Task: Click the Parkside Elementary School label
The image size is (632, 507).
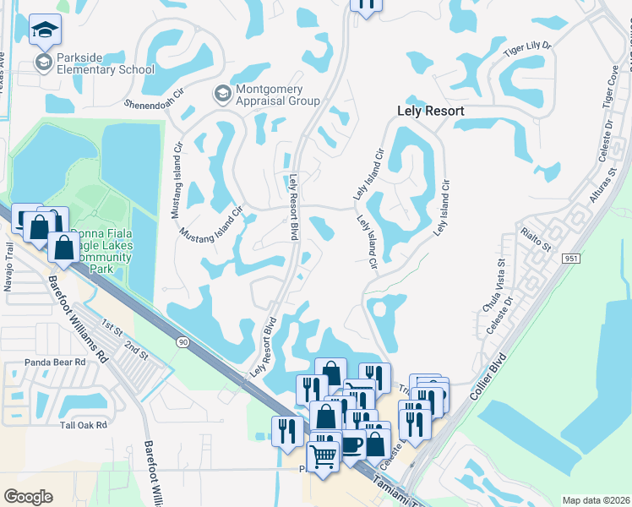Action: click(x=106, y=63)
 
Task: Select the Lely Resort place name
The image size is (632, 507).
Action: click(x=431, y=111)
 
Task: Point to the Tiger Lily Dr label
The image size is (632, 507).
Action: click(x=526, y=60)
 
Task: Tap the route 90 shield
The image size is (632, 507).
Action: click(x=182, y=341)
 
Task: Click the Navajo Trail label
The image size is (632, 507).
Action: click(x=9, y=267)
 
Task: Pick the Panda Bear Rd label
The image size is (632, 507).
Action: click(x=56, y=362)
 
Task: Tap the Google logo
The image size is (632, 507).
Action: click(x=29, y=497)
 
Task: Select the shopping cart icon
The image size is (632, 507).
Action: click(x=324, y=456)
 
